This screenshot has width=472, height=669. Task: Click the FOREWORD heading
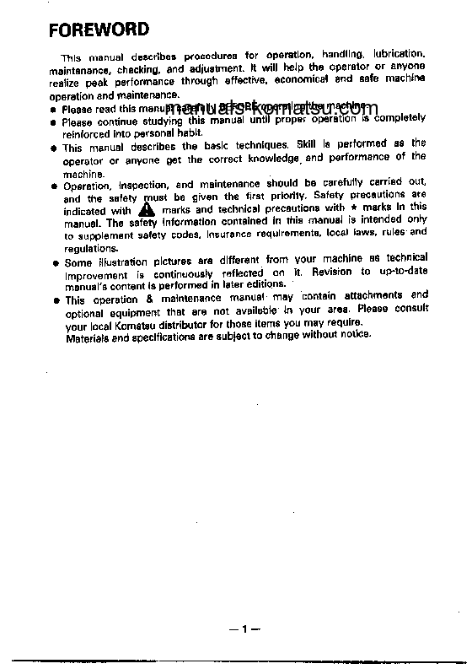[x=99, y=30]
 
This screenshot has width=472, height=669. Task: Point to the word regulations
[x=90, y=249]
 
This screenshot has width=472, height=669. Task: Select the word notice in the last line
[x=354, y=336]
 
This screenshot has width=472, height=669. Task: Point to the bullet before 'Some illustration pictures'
[x=54, y=263]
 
